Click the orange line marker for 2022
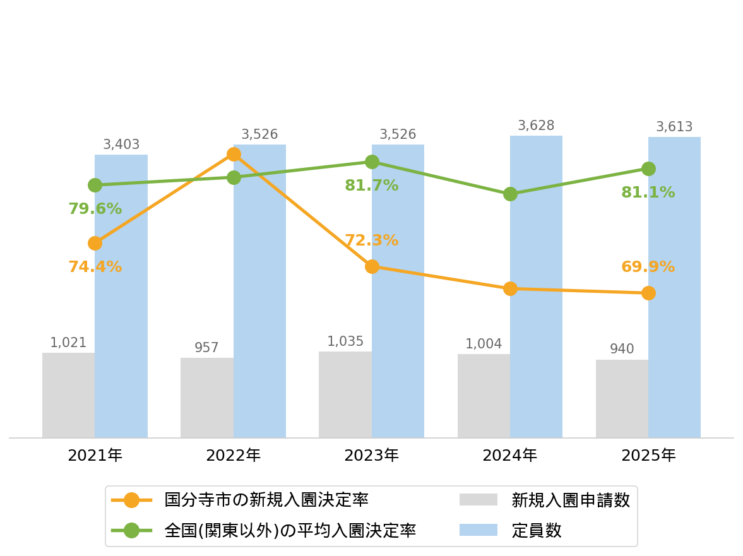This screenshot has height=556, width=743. point(234,155)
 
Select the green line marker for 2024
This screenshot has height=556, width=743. point(510,194)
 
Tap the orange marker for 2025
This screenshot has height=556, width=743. point(648,293)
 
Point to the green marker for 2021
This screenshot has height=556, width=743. point(95,185)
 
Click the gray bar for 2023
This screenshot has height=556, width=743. point(345,394)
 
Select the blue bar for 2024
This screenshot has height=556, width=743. point(537,287)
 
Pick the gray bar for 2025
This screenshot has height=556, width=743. point(622,399)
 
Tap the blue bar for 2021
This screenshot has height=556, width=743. point(121,297)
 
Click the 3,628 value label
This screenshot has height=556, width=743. point(536,126)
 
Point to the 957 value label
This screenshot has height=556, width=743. point(206,348)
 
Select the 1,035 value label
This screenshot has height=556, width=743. point(345,341)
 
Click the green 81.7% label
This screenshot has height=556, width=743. point(371,185)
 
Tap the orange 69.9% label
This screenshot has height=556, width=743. point(648,266)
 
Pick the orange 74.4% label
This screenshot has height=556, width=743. point(95,266)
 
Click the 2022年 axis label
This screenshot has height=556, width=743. point(233,456)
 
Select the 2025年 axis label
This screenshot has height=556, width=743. point(648,456)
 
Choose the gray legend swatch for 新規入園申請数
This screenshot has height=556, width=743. point(478,500)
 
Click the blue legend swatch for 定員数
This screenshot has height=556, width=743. point(478,530)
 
